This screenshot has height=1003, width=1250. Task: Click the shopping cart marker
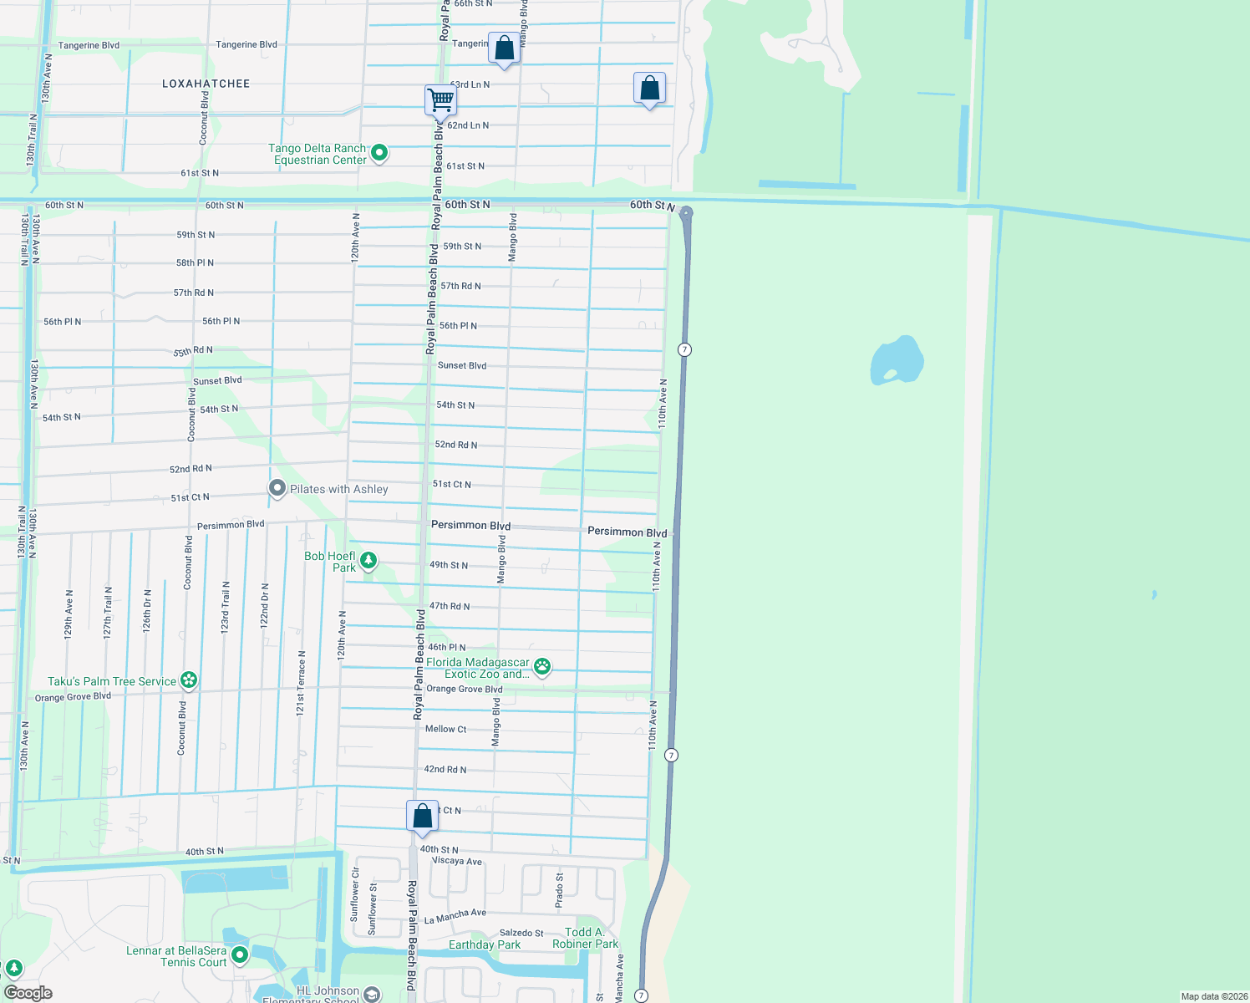click(x=440, y=100)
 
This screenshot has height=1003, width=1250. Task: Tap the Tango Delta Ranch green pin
click(x=379, y=153)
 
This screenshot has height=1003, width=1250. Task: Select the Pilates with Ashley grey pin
click(x=277, y=488)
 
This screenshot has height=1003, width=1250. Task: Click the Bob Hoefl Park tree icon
click(x=368, y=560)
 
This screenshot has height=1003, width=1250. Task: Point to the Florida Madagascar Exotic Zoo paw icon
click(x=542, y=666)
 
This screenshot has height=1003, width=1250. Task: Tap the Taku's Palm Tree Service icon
click(x=190, y=680)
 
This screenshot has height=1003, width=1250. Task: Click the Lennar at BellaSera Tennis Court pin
click(x=240, y=955)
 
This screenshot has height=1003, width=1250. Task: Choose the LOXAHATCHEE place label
click(x=206, y=84)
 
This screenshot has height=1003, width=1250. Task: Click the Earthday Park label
click(x=485, y=944)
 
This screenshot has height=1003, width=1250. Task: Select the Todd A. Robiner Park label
click(x=585, y=938)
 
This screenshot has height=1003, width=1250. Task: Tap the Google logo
click(x=28, y=993)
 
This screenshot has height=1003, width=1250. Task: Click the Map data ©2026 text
click(x=1214, y=996)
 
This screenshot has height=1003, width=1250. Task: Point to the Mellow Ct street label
click(x=445, y=729)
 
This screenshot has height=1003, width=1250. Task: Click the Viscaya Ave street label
click(x=457, y=861)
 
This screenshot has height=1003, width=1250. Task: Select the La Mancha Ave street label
click(x=455, y=916)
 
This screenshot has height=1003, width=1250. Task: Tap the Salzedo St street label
click(x=521, y=933)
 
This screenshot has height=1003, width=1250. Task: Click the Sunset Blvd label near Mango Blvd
click(x=462, y=365)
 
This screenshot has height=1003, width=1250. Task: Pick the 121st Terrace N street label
click(x=301, y=683)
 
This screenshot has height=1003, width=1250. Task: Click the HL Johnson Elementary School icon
click(x=372, y=994)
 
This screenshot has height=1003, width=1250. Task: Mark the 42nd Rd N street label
click(x=445, y=769)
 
